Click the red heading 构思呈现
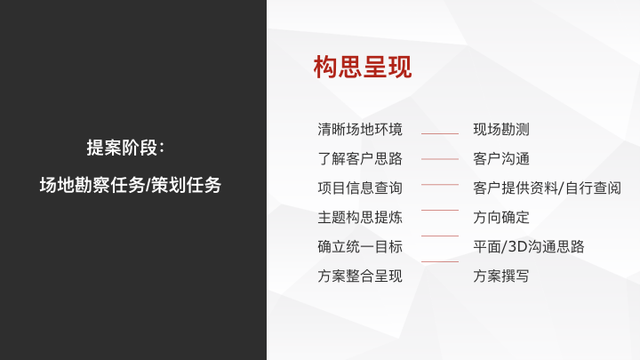pyautogui.click(x=363, y=67)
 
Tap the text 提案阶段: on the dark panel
pyautogui.click(x=125, y=148)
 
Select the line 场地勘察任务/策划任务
pyautogui.click(x=130, y=185)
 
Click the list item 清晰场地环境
pyautogui.click(x=360, y=130)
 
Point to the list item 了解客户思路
pyautogui.click(x=360, y=159)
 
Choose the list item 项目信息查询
pyautogui.click(x=360, y=188)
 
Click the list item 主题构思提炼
pyautogui.click(x=360, y=217)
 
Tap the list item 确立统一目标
pyautogui.click(x=360, y=246)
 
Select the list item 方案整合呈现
pyautogui.click(x=360, y=276)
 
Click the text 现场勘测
pyautogui.click(x=501, y=130)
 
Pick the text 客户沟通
pyautogui.click(x=501, y=159)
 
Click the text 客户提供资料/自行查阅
pyautogui.click(x=547, y=188)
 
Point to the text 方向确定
pyautogui.click(x=501, y=217)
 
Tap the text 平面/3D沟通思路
pyautogui.click(x=529, y=246)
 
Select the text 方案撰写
pyautogui.click(x=501, y=276)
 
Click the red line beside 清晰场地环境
pyautogui.click(x=440, y=133)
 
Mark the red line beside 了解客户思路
pyautogui.click(x=440, y=159)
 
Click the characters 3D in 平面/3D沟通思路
pyautogui.click(x=516, y=246)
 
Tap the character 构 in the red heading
pyautogui.click(x=325, y=67)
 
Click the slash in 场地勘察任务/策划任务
pyautogui.click(x=148, y=185)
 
